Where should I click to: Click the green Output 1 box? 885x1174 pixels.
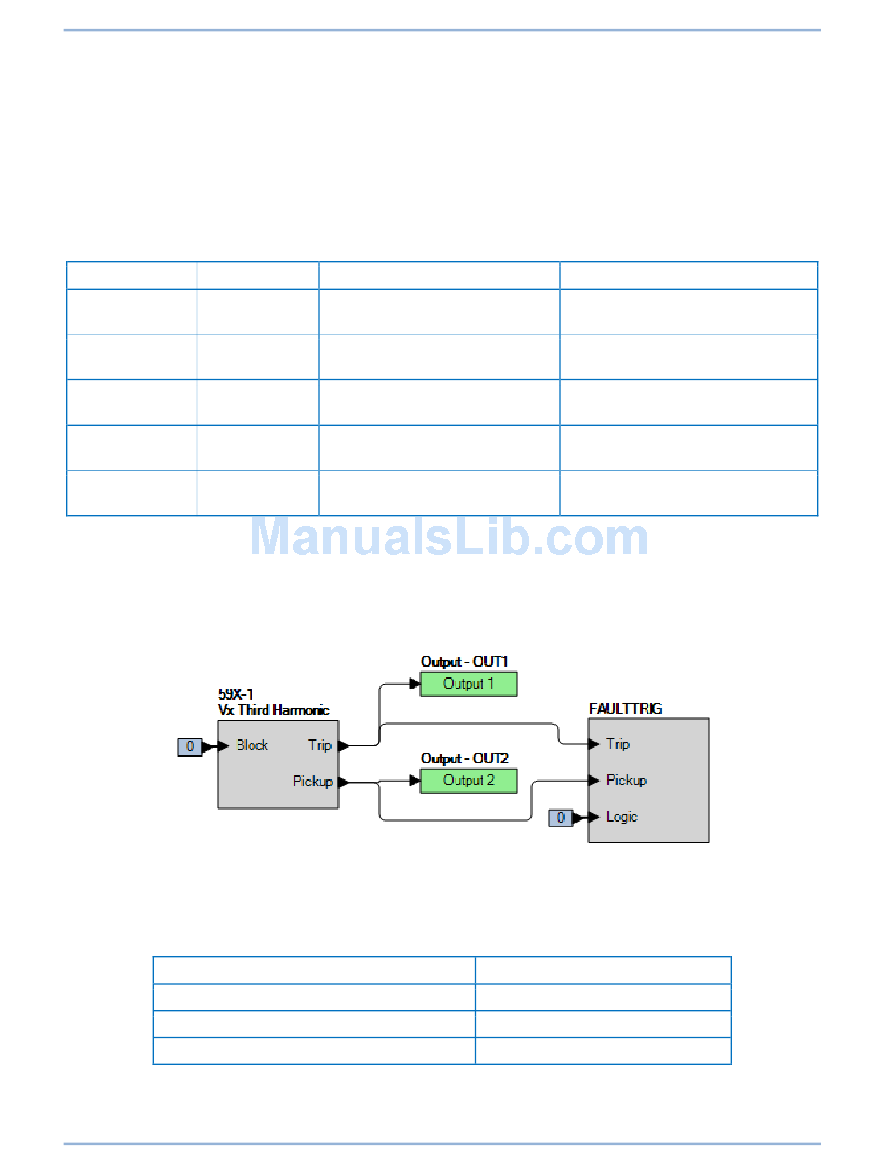click(x=469, y=684)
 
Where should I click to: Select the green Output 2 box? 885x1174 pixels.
click(x=469, y=781)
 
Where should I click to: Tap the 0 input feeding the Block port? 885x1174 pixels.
click(x=189, y=745)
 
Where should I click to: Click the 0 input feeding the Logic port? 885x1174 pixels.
click(x=560, y=817)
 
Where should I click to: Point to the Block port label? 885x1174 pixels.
click(x=252, y=745)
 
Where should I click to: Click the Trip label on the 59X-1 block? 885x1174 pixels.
click(x=320, y=745)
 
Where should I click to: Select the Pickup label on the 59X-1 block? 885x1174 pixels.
click(x=313, y=782)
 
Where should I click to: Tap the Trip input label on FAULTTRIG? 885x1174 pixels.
click(x=618, y=744)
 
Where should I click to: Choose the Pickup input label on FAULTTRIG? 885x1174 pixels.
click(x=626, y=780)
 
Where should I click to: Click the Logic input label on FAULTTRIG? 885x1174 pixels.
click(x=622, y=817)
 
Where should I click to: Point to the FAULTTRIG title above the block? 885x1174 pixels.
click(x=626, y=709)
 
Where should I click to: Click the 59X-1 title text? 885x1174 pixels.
click(x=236, y=695)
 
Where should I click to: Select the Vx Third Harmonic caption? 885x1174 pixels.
click(x=273, y=710)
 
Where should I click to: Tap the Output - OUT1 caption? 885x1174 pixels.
click(x=465, y=662)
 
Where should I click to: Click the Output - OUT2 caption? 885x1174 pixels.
click(x=465, y=759)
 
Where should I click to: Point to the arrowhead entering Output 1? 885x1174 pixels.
click(x=415, y=684)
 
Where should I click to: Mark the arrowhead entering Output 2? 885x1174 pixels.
click(x=415, y=781)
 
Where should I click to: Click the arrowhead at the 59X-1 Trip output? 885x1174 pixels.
click(x=343, y=745)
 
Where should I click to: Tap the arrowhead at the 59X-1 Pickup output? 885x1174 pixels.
click(x=343, y=782)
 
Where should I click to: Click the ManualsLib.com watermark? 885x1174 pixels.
click(x=448, y=538)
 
